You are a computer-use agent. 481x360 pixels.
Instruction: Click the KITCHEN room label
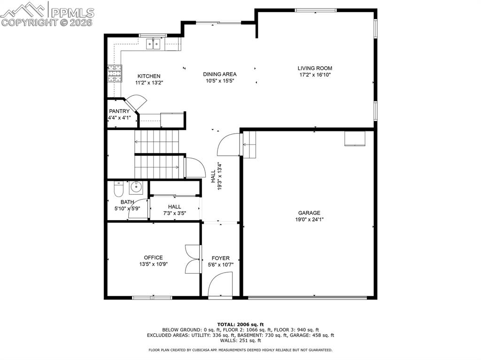click(x=149, y=76)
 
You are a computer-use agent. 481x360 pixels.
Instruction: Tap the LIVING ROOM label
click(x=315, y=68)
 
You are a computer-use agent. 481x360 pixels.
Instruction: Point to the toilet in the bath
click(x=118, y=189)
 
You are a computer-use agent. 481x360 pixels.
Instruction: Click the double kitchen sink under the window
click(x=153, y=45)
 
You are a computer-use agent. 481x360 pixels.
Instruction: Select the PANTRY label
click(x=119, y=111)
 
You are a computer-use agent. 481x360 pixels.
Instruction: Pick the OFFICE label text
click(x=153, y=257)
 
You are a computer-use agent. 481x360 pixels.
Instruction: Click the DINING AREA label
click(x=219, y=74)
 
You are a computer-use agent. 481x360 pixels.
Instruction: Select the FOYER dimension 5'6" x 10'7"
click(x=220, y=265)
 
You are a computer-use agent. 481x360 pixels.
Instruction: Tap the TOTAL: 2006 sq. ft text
click(x=240, y=324)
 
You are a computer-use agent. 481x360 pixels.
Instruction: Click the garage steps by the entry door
click(x=249, y=145)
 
